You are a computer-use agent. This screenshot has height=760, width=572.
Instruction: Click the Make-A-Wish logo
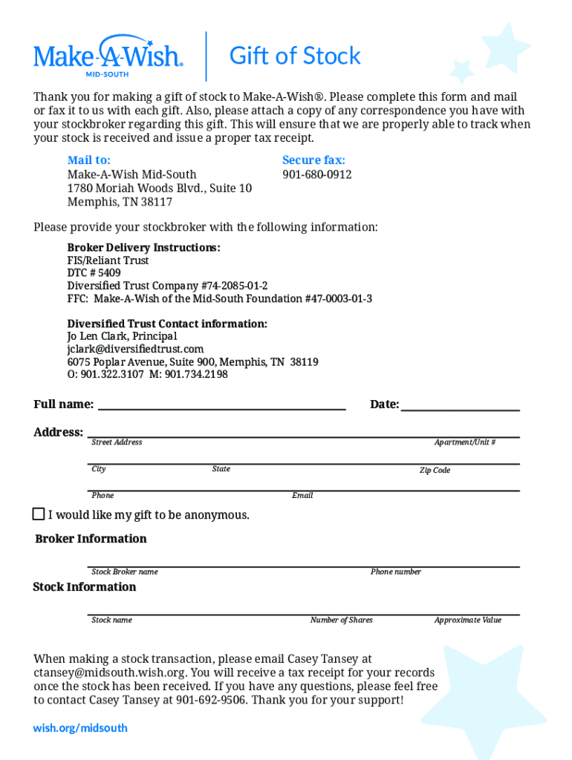108,55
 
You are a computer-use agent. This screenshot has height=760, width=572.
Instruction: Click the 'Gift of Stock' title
295,56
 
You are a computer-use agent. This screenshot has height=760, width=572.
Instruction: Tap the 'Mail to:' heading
89,160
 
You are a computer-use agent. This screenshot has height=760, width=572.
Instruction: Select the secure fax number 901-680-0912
317,174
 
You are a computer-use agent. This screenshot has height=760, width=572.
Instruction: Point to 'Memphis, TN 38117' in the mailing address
120,202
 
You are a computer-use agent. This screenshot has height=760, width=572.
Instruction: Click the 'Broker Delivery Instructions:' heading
143,248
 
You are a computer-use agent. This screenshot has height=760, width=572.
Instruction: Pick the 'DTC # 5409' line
94,273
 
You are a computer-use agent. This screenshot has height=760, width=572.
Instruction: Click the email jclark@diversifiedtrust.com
135,349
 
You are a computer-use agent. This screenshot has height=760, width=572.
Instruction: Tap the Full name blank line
221,405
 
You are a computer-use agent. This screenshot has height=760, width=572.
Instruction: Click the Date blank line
460,406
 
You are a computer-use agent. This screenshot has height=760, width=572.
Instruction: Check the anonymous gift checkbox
39,514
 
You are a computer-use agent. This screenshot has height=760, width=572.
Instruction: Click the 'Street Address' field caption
117,442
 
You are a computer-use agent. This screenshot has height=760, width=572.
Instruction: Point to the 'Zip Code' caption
435,471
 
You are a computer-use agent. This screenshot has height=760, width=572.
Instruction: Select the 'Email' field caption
302,495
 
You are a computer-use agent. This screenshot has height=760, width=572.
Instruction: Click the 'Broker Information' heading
91,539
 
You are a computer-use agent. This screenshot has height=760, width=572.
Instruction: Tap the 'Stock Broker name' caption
124,572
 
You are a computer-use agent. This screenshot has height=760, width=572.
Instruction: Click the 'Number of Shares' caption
342,620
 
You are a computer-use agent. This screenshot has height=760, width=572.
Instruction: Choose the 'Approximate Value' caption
468,620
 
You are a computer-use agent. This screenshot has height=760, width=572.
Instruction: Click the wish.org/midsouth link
80,728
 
